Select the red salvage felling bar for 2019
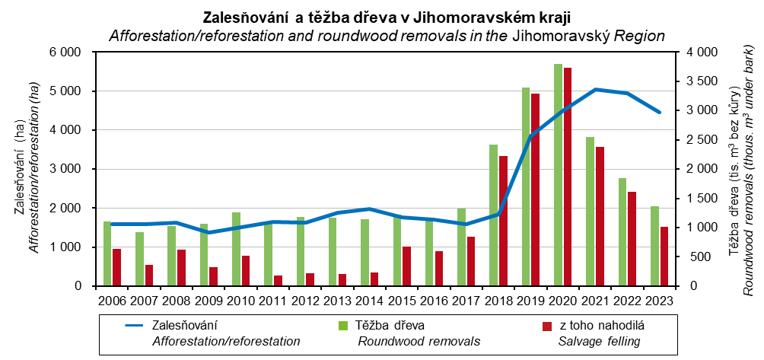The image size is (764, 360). (x=535, y=190)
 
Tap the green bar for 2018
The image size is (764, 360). (x=494, y=215)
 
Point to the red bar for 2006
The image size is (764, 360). (x=116, y=267)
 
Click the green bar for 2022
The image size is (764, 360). (x=622, y=231)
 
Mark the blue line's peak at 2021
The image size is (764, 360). (x=596, y=90)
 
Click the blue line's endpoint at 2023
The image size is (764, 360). (x=660, y=113)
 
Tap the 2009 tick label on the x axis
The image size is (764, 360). (x=209, y=301)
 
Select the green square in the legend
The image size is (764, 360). (x=342, y=326)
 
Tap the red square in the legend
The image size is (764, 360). (x=546, y=326)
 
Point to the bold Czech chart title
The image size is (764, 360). (x=387, y=17)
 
